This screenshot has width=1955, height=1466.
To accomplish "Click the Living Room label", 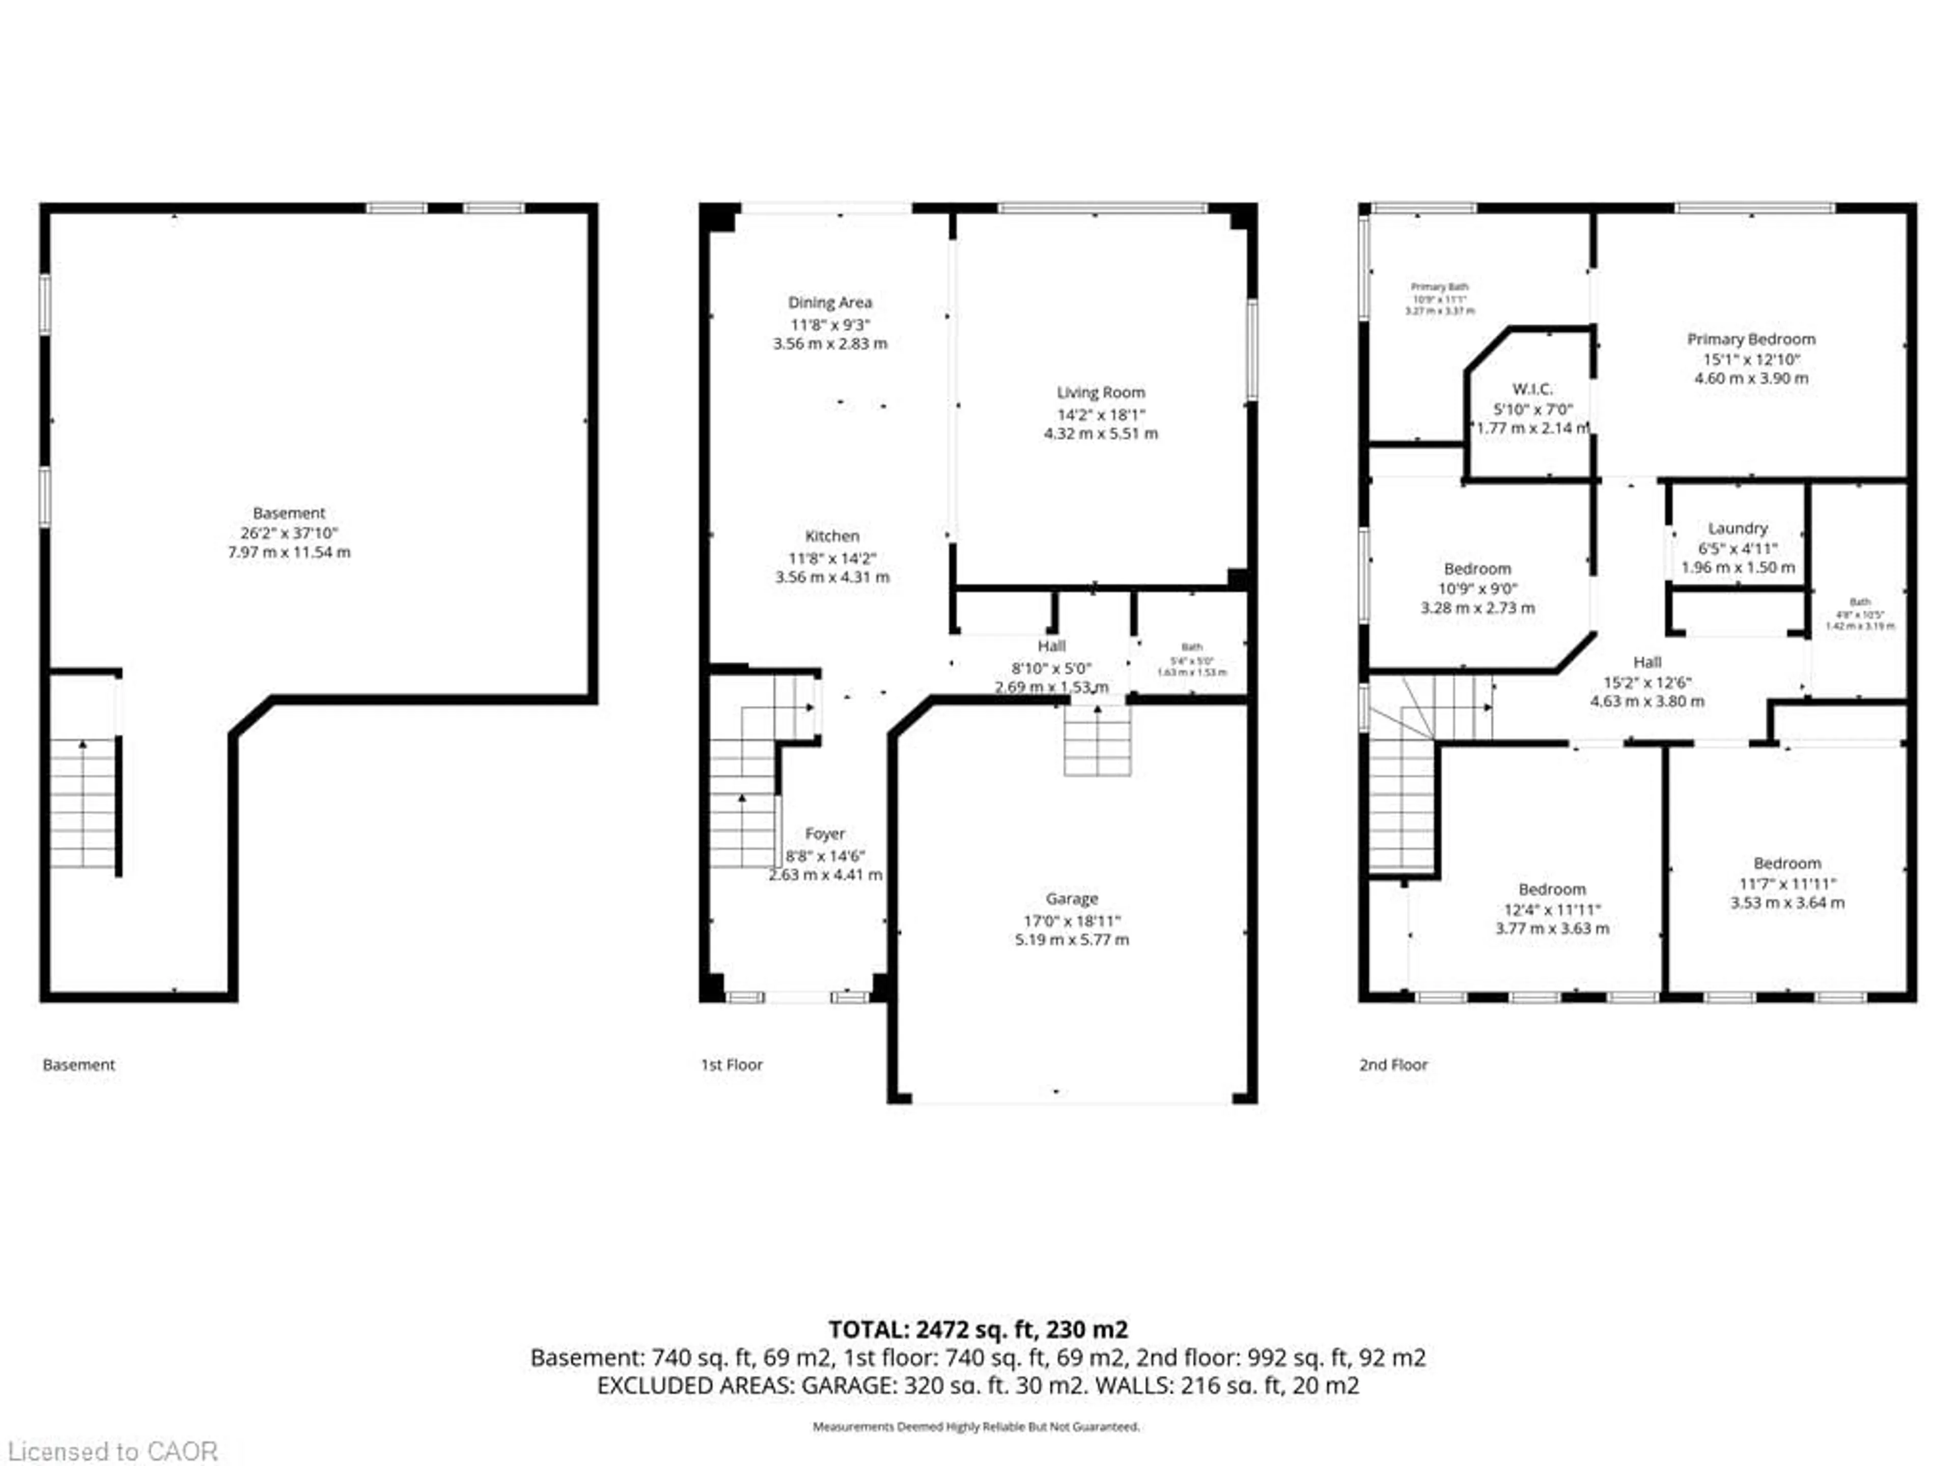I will tap(1100, 392).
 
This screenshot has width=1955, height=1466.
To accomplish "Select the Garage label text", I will tap(1071, 898).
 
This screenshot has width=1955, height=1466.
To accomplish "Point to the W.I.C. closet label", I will tap(1531, 389).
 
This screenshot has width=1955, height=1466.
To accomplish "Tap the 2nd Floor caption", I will tap(1393, 1065).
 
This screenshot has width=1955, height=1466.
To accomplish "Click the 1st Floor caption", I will tap(731, 1065).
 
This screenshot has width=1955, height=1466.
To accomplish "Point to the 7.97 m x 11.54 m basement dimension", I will tap(289, 552).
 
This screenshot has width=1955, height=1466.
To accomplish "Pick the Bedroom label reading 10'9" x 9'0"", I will tap(1477, 569).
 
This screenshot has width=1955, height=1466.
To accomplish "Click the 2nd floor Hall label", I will tap(1646, 662).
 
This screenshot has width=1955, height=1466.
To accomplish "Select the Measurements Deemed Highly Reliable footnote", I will tap(976, 1426).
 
